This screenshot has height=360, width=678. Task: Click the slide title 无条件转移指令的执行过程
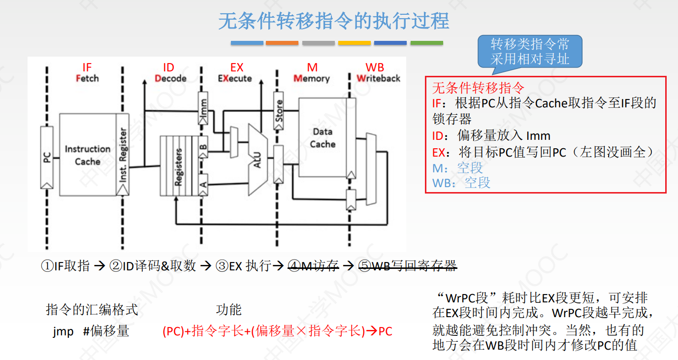[x=333, y=22]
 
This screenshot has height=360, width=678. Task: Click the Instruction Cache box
[x=88, y=155]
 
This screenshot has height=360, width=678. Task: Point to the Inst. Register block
[x=123, y=155]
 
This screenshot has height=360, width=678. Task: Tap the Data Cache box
[x=323, y=138]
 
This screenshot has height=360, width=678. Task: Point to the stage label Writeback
[x=378, y=78]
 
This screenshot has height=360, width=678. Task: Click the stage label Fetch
[x=87, y=78]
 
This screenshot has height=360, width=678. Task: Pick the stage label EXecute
[x=235, y=78]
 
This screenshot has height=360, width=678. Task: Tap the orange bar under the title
[x=282, y=43]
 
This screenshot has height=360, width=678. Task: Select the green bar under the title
[x=426, y=43]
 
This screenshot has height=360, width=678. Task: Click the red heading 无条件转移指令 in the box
[x=478, y=88]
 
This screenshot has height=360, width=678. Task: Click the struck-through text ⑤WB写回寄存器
[x=407, y=266]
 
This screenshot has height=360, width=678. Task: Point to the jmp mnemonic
[x=63, y=331]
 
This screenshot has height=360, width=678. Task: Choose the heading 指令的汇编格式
[x=92, y=310]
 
